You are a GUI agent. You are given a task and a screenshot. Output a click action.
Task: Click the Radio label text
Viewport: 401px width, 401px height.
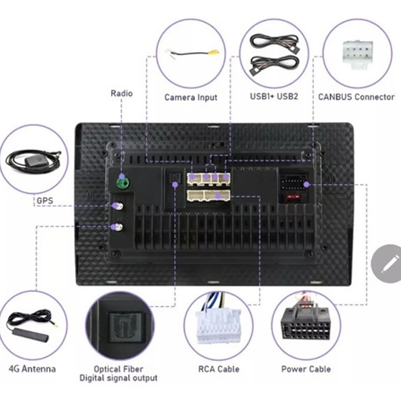coord(121,94)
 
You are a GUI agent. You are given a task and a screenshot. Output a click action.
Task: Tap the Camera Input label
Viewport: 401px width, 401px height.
coord(191,97)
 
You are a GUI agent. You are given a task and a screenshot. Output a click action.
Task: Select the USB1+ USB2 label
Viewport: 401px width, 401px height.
coord(274,96)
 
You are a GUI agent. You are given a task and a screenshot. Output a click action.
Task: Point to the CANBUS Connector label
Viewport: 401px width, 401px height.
coord(356,97)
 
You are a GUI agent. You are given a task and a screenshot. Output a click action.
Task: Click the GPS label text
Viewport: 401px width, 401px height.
coord(45,201)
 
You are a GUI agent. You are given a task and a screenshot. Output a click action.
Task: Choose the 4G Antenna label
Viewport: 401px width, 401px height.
coord(32,369)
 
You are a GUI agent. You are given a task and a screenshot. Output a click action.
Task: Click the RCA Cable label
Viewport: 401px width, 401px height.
coord(218,369)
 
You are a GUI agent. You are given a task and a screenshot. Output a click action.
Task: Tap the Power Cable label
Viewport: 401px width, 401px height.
coord(306,369)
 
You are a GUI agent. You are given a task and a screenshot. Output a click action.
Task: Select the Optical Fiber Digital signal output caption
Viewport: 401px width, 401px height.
coord(118,374)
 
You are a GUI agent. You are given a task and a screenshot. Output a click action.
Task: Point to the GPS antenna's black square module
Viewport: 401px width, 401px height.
coord(32,161)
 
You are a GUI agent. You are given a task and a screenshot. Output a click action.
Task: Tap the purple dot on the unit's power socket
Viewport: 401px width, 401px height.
coord(306,184)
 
